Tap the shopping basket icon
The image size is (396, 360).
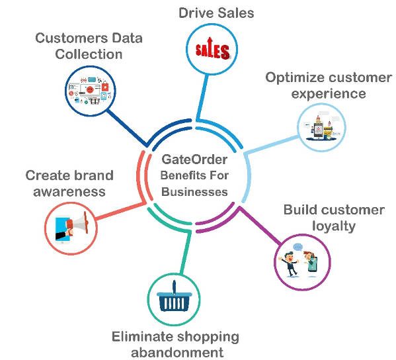click(174, 296)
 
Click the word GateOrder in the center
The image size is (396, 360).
click(194, 159)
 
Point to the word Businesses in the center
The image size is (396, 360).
click(194, 192)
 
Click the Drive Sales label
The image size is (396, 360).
click(216, 13)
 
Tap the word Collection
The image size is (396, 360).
click(89, 54)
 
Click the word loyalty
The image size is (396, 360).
click(334, 226)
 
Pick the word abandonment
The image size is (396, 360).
click(177, 353)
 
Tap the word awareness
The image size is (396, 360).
click(69, 192)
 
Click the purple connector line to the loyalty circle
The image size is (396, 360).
click(260, 226)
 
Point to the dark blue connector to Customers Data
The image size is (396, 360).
click(127, 128)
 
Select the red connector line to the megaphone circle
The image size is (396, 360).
click(120, 210)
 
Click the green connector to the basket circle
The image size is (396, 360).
click(186, 252)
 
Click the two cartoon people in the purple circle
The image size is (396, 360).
click(298, 261)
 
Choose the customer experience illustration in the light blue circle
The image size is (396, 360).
click(321, 128)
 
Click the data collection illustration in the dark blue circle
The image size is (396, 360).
click(90, 91)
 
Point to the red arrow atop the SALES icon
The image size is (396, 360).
click(210, 43)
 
